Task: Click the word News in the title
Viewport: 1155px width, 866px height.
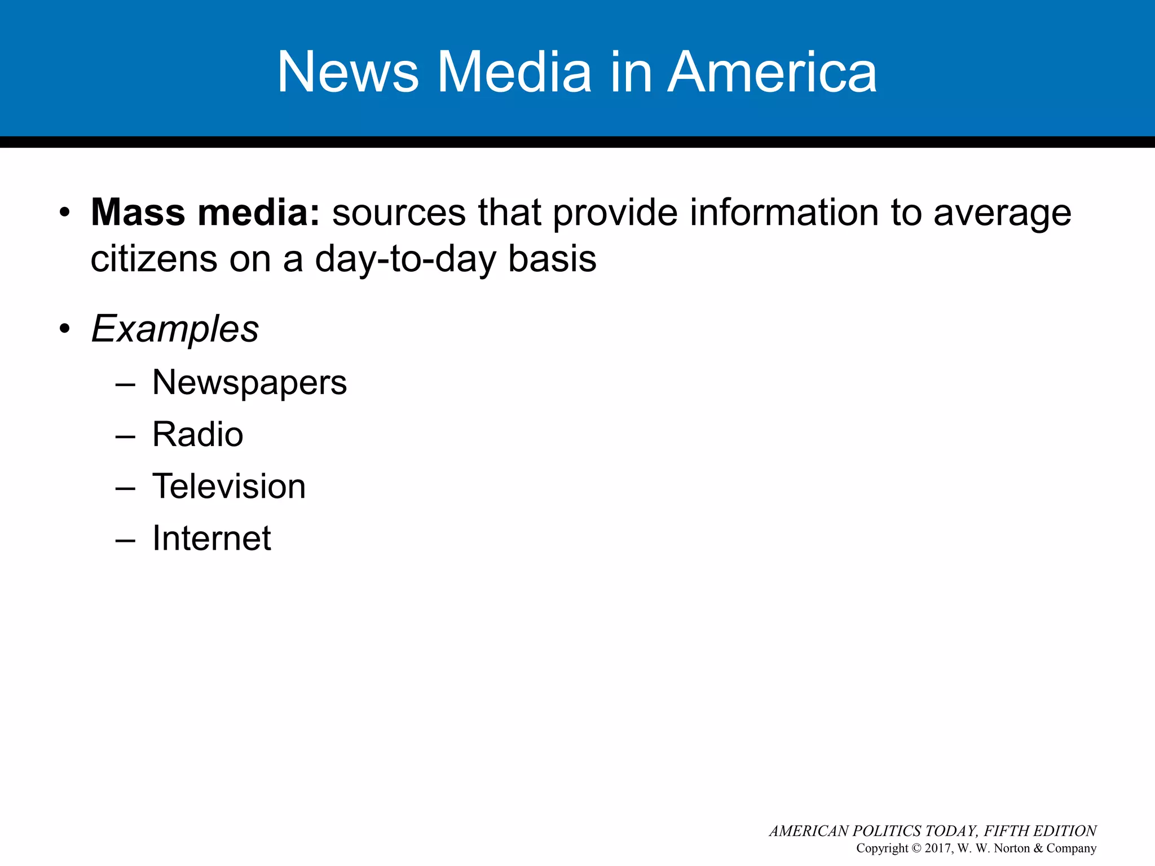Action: pyautogui.click(x=348, y=72)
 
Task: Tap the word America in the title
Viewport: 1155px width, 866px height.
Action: pyautogui.click(x=772, y=72)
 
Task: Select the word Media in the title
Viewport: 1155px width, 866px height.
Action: pyautogui.click(x=514, y=72)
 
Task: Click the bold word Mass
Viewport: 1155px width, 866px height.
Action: pyautogui.click(x=138, y=213)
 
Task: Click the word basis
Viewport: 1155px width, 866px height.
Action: pyautogui.click(x=552, y=259)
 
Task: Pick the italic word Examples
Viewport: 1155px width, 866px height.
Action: pyautogui.click(x=175, y=329)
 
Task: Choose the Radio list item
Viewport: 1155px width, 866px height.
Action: pyautogui.click(x=197, y=435)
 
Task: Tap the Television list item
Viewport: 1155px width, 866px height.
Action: pyautogui.click(x=229, y=487)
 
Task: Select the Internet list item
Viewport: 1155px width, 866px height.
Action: pyautogui.click(x=211, y=538)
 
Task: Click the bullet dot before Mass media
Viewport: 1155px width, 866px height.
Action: pyautogui.click(x=65, y=213)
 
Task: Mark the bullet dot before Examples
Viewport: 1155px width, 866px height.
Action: pyautogui.click(x=65, y=329)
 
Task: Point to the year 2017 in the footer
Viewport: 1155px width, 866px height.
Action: pyautogui.click(x=938, y=849)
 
